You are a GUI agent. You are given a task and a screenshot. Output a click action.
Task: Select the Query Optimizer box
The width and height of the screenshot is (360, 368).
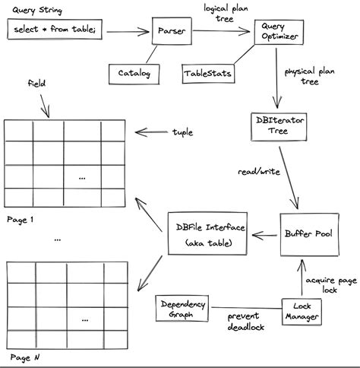tap(274, 31)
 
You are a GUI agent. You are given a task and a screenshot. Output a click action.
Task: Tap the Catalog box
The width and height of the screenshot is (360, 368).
tap(134, 74)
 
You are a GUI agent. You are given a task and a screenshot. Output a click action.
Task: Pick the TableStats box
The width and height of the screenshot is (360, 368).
tap(206, 74)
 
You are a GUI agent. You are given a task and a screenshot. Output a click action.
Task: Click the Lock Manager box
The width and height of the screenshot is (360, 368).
tap(302, 309)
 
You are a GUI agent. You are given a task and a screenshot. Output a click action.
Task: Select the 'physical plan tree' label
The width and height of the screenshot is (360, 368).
tap(310, 76)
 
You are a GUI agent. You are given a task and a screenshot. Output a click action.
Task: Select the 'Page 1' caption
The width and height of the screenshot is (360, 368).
tap(21, 220)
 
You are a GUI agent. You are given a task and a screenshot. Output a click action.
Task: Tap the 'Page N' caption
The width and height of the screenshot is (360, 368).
tap(21, 357)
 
